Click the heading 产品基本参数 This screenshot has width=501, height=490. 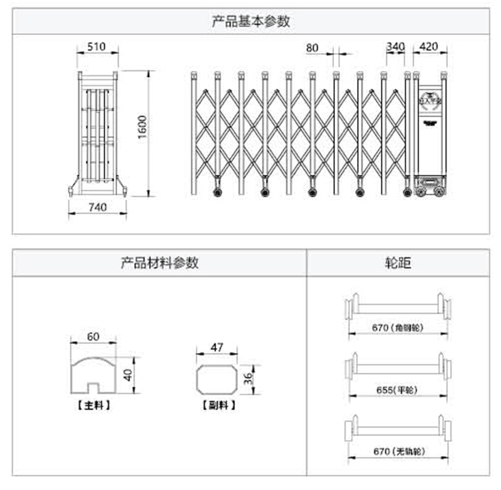[250, 21]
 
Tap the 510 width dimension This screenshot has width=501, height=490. [96, 47]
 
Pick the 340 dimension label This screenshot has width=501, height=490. [395, 47]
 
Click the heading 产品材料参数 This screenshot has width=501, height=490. [159, 263]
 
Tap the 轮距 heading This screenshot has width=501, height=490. [398, 263]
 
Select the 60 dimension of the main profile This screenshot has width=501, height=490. [93, 337]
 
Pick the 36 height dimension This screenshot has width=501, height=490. [248, 379]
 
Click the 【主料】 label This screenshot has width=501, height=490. [93, 406]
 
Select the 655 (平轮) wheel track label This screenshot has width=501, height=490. [397, 390]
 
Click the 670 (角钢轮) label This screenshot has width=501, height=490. [398, 328]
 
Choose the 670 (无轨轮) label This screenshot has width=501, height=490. [398, 451]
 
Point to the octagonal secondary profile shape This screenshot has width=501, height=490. [217, 378]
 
